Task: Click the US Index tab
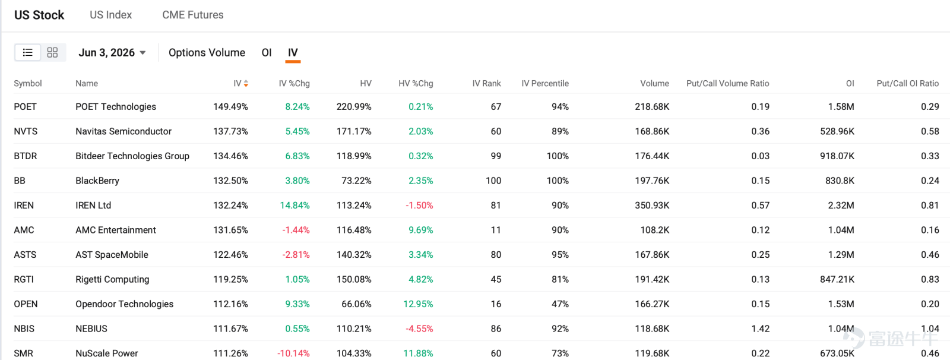click(x=110, y=15)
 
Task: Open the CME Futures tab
click(x=192, y=15)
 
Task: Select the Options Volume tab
click(x=207, y=53)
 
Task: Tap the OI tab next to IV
click(x=267, y=53)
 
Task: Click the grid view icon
click(x=53, y=53)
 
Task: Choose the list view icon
click(x=27, y=53)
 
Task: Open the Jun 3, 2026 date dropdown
click(x=112, y=53)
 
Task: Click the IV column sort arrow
click(x=246, y=84)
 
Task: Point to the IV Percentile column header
click(x=545, y=84)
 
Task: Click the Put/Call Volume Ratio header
click(x=728, y=84)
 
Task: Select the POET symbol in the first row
click(x=25, y=106)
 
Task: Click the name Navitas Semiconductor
click(x=123, y=131)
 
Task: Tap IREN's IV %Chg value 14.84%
click(x=294, y=206)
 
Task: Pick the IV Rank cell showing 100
click(x=493, y=181)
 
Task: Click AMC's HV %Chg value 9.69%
click(x=421, y=230)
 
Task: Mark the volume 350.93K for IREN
click(x=652, y=206)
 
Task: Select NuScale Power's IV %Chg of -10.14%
click(x=293, y=353)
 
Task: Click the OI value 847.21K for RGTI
click(x=837, y=279)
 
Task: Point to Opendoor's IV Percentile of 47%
click(x=560, y=304)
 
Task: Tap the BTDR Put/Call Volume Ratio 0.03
click(x=761, y=156)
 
